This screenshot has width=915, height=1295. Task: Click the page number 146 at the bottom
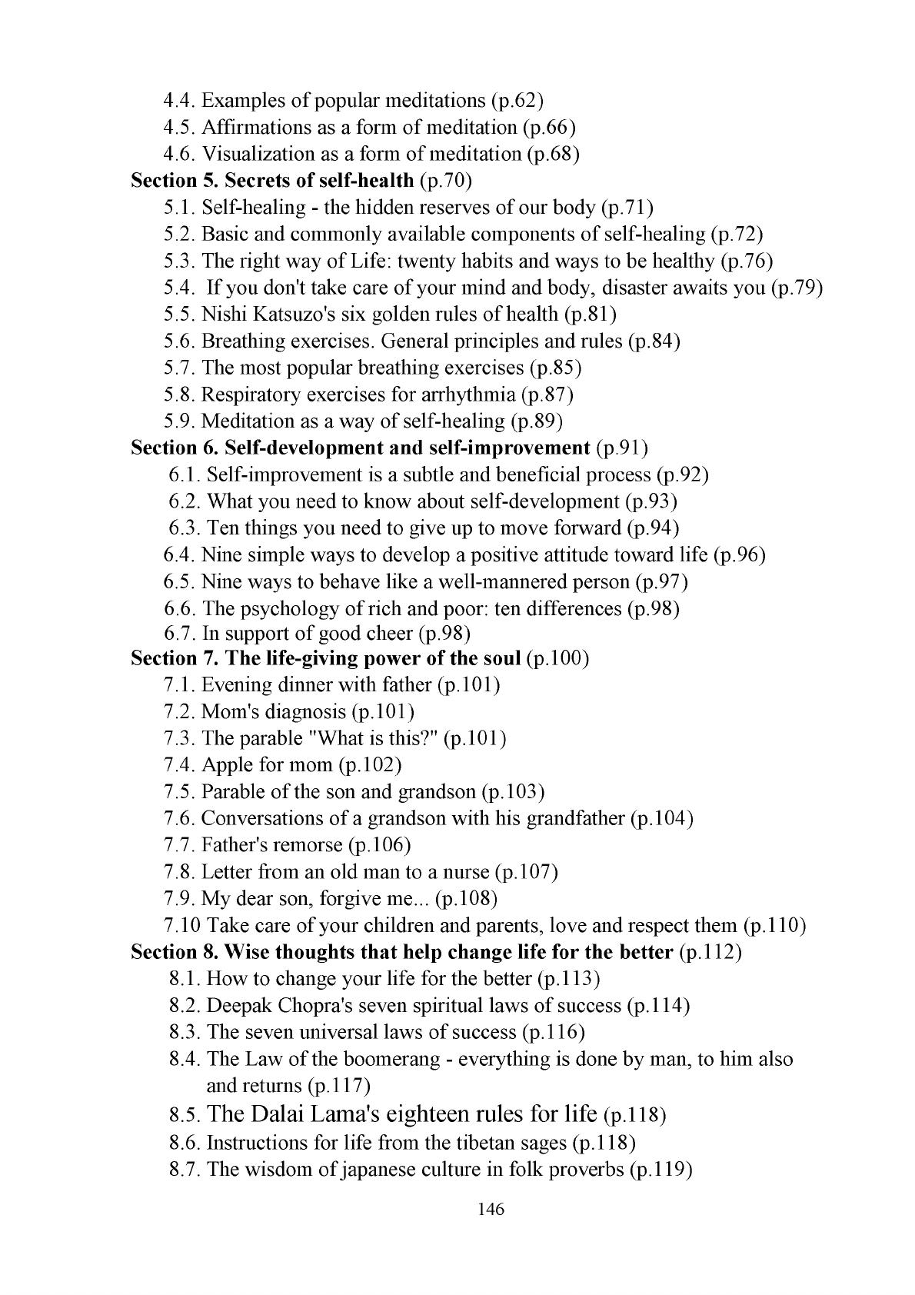tap(490, 1210)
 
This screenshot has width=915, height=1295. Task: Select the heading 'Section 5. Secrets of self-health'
tap(272, 181)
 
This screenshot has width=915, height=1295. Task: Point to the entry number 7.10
tap(182, 925)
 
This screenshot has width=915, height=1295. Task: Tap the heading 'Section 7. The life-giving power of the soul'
tap(326, 659)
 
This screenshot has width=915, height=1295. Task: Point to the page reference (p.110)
tap(775, 925)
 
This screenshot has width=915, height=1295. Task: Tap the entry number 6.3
tap(185, 528)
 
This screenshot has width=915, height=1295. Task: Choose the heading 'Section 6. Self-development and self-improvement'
tap(360, 448)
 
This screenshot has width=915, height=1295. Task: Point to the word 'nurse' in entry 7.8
tap(464, 872)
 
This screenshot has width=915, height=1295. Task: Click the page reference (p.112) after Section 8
tap(711, 952)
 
